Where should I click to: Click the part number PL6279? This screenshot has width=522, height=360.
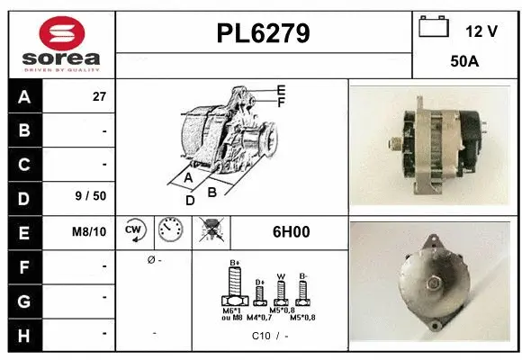coord(263,33)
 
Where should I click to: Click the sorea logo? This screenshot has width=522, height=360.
coord(60,44)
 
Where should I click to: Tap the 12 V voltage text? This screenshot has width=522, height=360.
coord(481,31)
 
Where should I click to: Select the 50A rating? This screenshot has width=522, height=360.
coord(464,64)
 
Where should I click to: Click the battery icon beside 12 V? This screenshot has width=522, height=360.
coord(434,27)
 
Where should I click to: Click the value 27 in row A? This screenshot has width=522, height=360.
coord(99,96)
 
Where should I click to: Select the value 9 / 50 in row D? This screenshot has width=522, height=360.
coord(93,197)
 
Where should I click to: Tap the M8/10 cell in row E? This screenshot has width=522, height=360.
coord(90,231)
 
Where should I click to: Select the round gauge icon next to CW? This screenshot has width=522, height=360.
coord(169,230)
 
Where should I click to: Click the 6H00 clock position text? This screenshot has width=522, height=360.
coord(291,231)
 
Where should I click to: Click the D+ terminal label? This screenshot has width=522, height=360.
coord(258,282)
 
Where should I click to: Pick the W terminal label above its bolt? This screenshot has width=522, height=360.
coord(280,276)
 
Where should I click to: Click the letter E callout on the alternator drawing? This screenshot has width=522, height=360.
coord(281,90)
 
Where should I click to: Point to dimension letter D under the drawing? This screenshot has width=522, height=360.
coord(190,201)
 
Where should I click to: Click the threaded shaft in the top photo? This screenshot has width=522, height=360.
coord(394,141)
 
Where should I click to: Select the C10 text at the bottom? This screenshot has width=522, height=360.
coord(262,337)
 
